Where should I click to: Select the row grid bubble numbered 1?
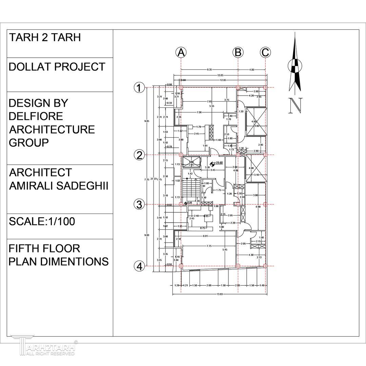(x=139, y=88)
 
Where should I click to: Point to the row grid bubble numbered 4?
(x=139, y=266)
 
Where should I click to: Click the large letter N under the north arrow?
(x=295, y=105)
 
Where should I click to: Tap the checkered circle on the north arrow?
(x=295, y=66)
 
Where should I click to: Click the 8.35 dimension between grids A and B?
(x=210, y=69)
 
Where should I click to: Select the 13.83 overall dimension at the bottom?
(x=220, y=294)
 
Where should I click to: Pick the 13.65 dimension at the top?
(x=220, y=75)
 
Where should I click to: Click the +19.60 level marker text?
(x=218, y=163)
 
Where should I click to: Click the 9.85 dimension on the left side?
(x=147, y=121)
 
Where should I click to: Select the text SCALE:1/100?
(x=42, y=222)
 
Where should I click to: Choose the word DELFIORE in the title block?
(x=36, y=116)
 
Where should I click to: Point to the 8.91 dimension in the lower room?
(x=205, y=236)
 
